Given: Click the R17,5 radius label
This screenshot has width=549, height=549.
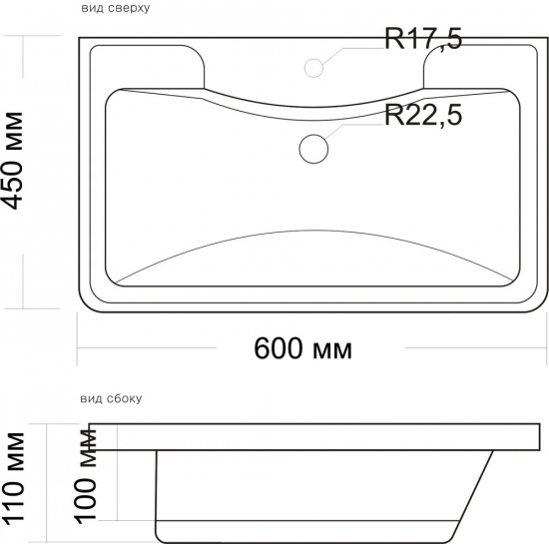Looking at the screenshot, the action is [x=423, y=39].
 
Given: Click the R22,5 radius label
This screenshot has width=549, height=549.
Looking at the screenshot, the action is [x=423, y=115].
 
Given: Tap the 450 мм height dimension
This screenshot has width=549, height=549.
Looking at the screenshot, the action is [x=13, y=161].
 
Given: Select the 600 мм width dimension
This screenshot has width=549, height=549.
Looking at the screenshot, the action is [x=302, y=348].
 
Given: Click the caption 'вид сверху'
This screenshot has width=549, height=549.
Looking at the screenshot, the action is [x=116, y=8].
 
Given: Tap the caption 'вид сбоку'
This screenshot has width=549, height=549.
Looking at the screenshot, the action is [x=111, y=398].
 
